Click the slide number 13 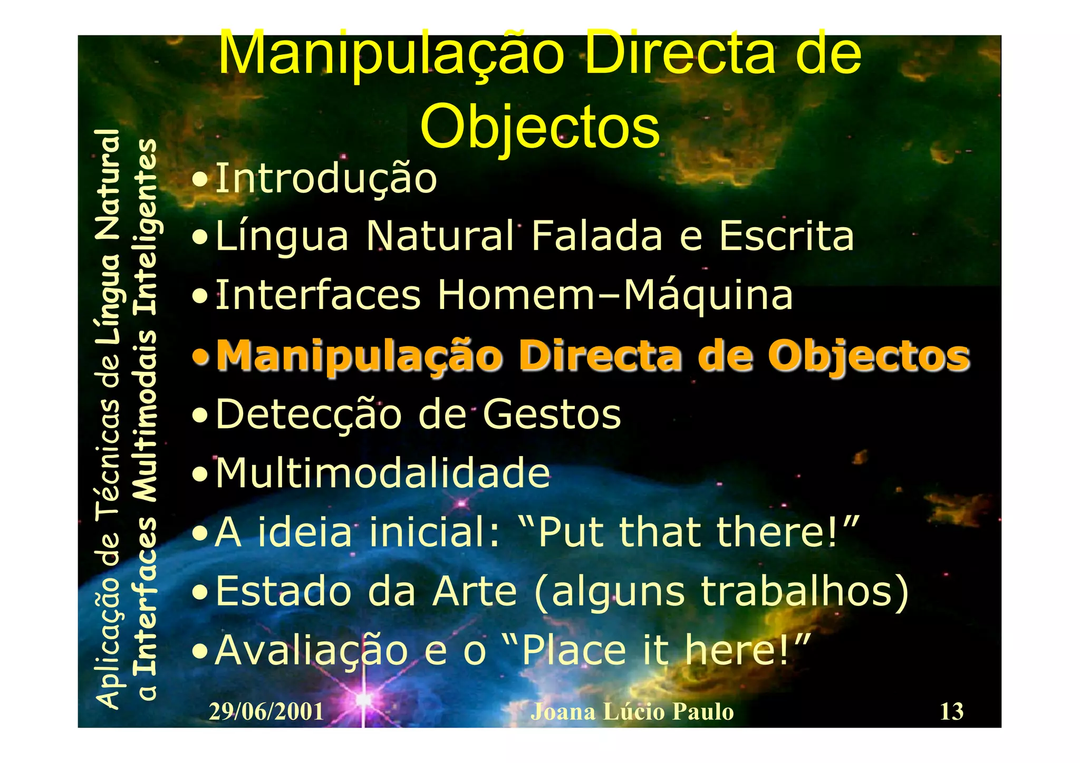(951, 711)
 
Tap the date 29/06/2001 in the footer (266, 712)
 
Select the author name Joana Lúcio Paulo (632, 712)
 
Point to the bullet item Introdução (326, 178)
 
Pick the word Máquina (708, 295)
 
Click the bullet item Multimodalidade (383, 473)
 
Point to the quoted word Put (573, 532)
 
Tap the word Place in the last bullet (574, 651)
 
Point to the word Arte (474, 592)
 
